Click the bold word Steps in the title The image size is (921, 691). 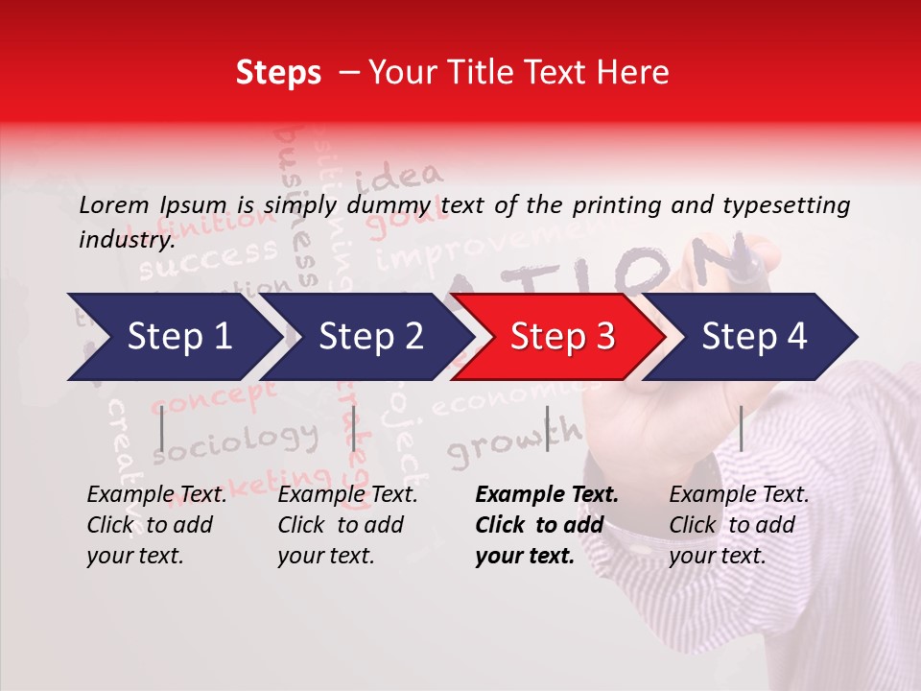277,72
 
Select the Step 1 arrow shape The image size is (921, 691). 173,336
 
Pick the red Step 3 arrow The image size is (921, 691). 562,336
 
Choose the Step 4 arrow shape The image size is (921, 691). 754,336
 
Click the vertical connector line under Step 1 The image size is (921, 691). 162,427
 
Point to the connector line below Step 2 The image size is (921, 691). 354,427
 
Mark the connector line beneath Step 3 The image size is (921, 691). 548,427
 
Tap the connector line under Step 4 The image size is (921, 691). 741,427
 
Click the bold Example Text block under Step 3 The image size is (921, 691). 547,525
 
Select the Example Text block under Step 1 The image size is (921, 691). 157,525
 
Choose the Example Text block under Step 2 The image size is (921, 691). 347,525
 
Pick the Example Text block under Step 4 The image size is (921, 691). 739,525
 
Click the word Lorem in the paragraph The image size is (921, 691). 114,204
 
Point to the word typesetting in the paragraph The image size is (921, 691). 793,204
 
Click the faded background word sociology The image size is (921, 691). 235,441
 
